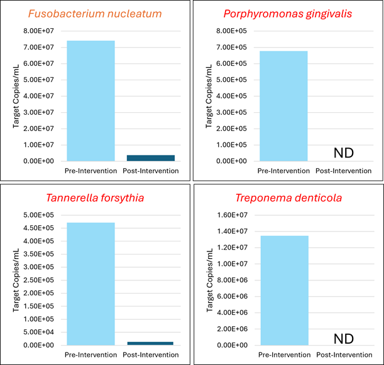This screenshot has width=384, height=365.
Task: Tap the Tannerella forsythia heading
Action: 95,198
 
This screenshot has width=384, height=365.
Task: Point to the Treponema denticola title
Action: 288,198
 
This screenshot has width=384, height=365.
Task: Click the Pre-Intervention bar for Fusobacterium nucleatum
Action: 91,100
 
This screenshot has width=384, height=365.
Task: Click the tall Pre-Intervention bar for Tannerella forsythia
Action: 91,283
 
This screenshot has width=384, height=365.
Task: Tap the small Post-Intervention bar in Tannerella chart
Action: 150,343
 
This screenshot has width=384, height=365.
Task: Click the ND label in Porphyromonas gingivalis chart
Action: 344,153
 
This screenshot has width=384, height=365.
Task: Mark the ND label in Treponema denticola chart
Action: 344,339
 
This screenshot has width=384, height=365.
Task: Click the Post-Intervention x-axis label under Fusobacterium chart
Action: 151,171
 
